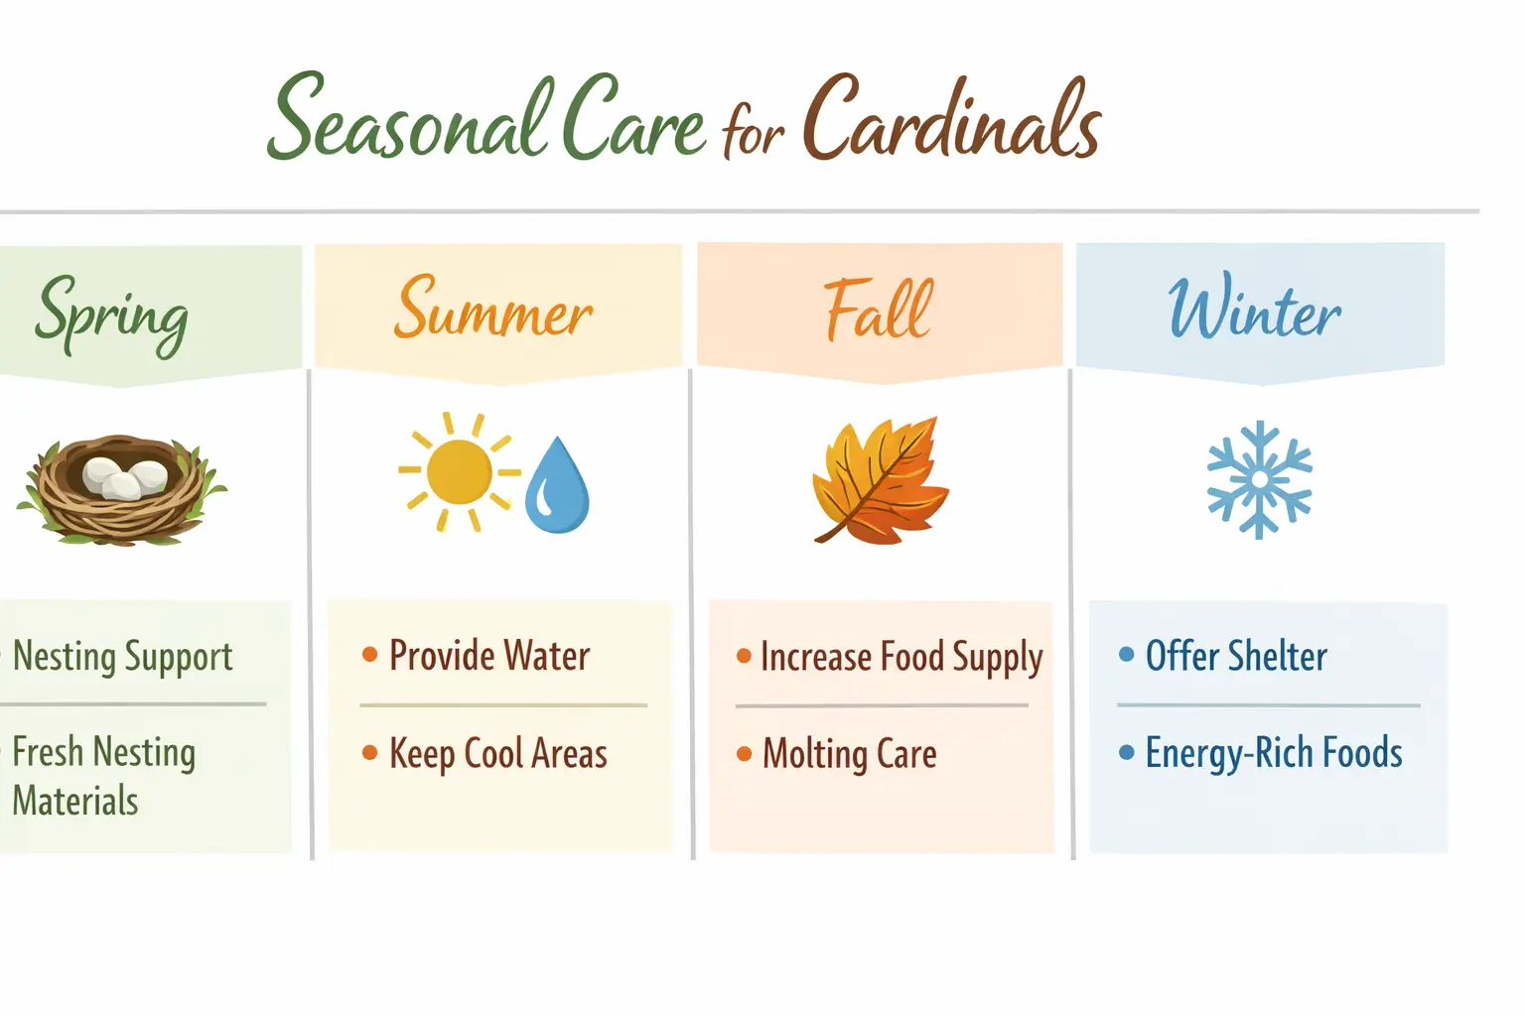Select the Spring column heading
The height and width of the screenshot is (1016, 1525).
tap(111, 312)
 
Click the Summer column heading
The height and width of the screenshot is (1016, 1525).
tap(493, 310)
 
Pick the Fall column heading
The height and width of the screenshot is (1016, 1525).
tap(878, 310)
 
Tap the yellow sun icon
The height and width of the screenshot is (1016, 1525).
tap(458, 472)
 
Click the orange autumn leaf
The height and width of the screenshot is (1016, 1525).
tap(880, 480)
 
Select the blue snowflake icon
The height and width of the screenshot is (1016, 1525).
tap(1259, 479)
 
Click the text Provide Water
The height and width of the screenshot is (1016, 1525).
tap(489, 656)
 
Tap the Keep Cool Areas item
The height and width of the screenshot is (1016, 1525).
tap(497, 753)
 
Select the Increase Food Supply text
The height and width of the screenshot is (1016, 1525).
tap(901, 657)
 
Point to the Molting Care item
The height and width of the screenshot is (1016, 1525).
tap(850, 754)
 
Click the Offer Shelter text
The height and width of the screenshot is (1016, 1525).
tap(1236, 656)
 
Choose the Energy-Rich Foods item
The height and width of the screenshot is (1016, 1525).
tap(1274, 753)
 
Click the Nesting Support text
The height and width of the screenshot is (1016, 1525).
tap(123, 657)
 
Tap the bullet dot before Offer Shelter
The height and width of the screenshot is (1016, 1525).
tap(1126, 654)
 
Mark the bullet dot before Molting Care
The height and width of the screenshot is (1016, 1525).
tap(744, 754)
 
